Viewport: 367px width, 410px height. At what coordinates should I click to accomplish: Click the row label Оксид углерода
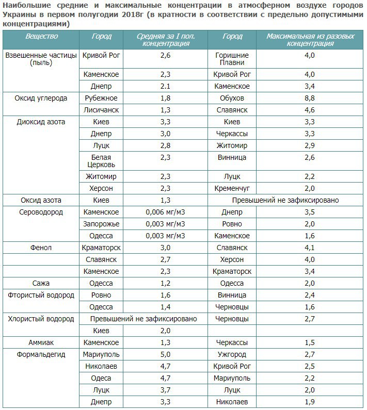[x=40, y=98]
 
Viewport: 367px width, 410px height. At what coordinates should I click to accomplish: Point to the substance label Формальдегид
[x=40, y=354]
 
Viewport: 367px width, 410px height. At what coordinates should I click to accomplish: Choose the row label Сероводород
[x=40, y=212]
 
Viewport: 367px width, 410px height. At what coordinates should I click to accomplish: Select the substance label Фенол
[x=40, y=248]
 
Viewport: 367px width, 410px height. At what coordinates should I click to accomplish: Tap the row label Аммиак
[x=40, y=342]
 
